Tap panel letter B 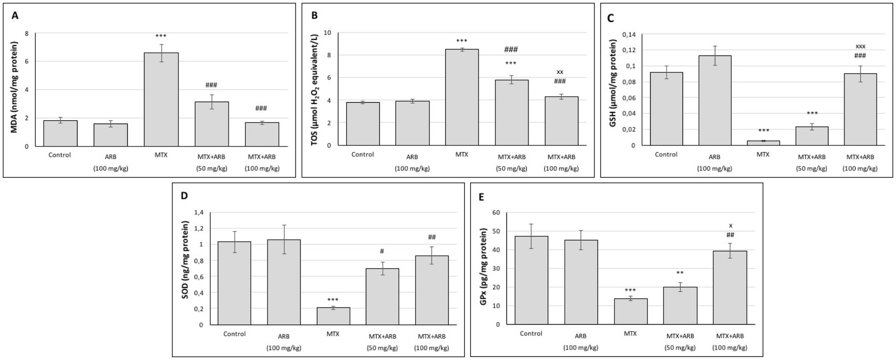click(315, 16)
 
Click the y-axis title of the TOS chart click(315, 89)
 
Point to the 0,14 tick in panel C click(629, 34)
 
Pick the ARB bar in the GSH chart click(715, 100)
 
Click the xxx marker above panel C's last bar click(860, 46)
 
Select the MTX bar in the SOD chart click(333, 316)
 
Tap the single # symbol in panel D click(382, 251)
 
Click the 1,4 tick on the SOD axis click(199, 213)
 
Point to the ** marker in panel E click(680, 273)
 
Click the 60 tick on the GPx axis click(496, 213)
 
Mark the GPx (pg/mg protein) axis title click(483, 266)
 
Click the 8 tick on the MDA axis click(27, 33)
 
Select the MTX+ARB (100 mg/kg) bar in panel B click(562, 121)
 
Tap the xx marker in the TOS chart click(560, 72)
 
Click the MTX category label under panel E click(630, 333)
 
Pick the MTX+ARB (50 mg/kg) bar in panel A click(212, 124)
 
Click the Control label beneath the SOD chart click(235, 334)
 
